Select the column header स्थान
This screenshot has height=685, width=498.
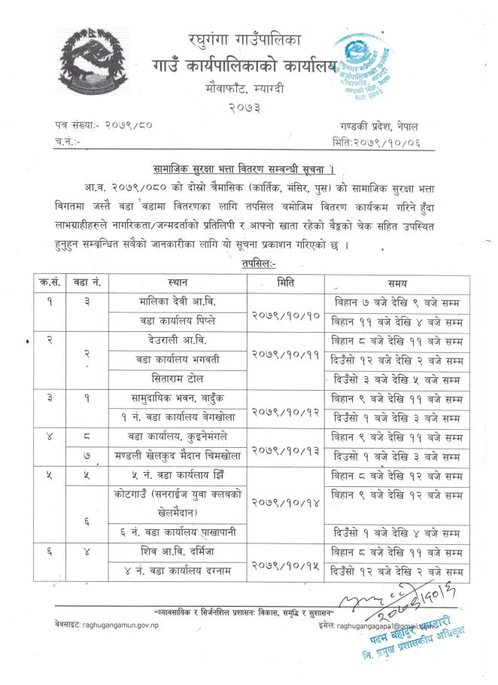(184, 284)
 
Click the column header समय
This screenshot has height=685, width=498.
(397, 284)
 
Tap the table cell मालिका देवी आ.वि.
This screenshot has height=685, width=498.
(184, 303)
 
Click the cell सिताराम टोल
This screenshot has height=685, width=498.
(184, 378)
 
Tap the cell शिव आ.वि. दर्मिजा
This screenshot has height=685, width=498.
(184, 551)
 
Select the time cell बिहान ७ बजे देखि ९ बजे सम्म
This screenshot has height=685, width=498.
(397, 303)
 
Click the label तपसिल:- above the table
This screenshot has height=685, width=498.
(260, 263)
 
